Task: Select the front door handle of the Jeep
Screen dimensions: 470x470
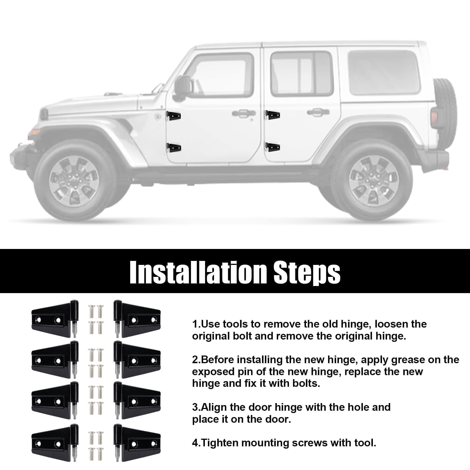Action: [244, 113]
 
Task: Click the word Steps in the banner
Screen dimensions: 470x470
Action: [307, 272]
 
